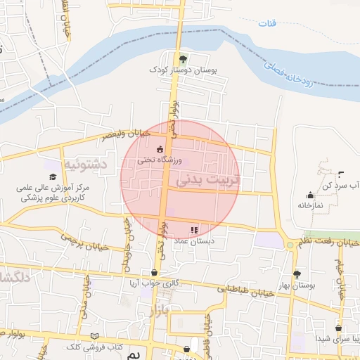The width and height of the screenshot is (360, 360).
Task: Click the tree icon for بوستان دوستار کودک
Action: [x=184, y=59]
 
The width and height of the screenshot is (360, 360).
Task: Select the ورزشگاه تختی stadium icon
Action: [x=160, y=148]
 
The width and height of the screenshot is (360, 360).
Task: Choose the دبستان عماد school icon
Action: [x=195, y=229]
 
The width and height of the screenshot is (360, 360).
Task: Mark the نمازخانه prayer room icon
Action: [x=310, y=195]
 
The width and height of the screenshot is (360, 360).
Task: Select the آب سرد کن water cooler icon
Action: [x=341, y=174]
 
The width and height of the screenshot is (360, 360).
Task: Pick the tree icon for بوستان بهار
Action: [x=297, y=274]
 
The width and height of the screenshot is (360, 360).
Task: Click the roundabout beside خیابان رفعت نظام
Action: [x=290, y=245]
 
